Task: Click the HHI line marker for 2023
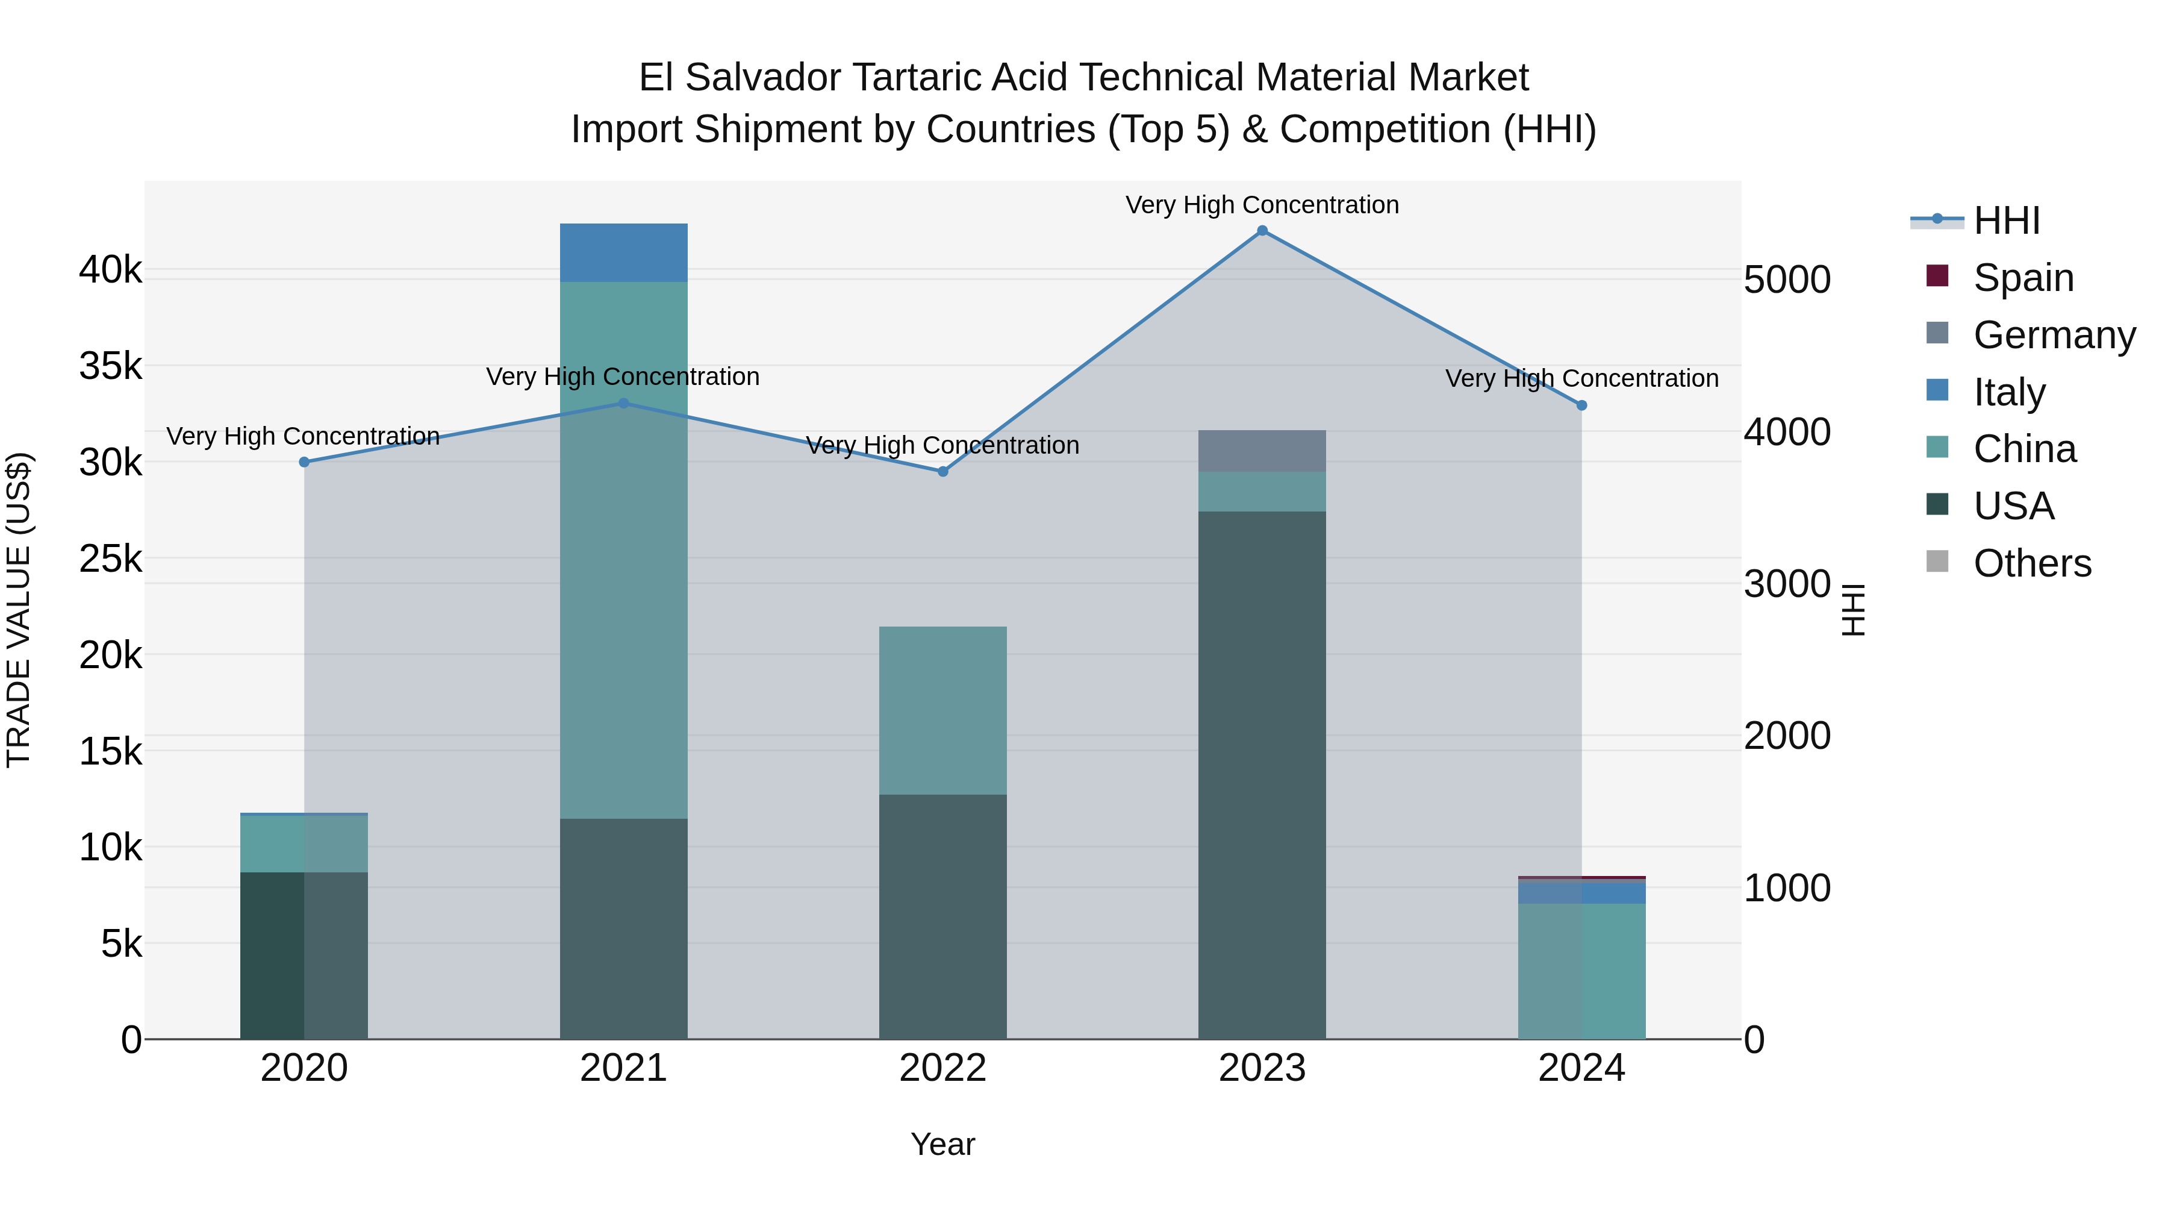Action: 1262,231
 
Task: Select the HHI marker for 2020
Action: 305,462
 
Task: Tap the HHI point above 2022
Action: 942,472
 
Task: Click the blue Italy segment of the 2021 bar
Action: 624,252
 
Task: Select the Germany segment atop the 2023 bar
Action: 1262,451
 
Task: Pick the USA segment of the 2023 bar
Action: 1262,775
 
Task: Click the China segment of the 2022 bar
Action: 942,711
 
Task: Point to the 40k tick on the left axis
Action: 110,271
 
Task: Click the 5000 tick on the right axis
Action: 1787,280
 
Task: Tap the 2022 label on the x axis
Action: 942,1068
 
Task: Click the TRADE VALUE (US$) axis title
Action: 19,610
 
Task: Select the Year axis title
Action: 942,1144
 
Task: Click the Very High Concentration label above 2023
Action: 1262,205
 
